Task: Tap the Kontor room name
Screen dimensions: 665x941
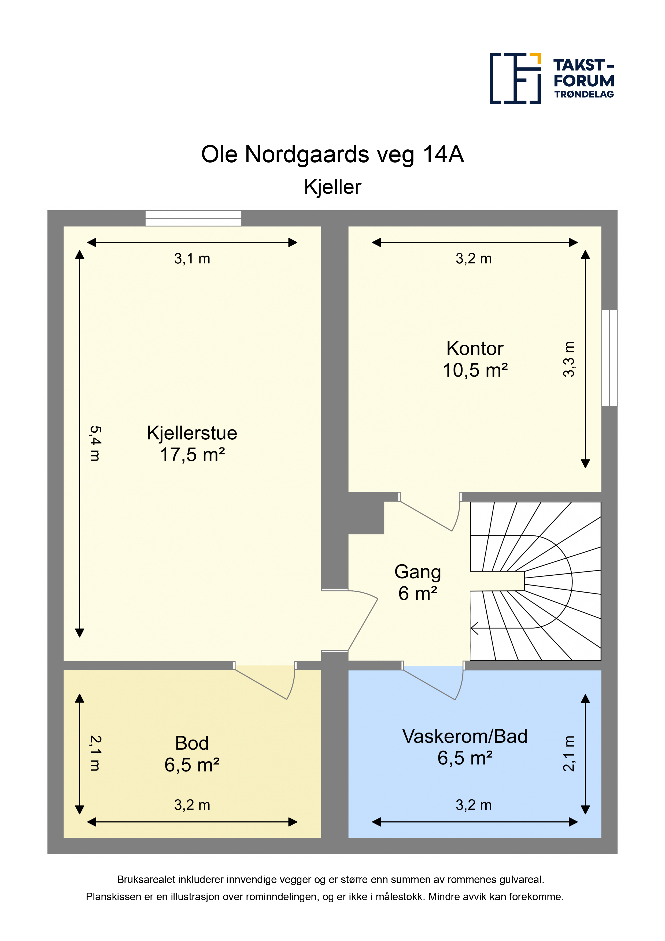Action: click(475, 348)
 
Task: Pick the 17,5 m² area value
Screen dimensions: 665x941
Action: click(192, 455)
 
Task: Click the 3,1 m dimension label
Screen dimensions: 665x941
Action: click(192, 259)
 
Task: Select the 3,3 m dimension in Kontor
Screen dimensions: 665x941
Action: click(569, 359)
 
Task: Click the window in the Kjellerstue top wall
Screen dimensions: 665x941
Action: click(193, 218)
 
